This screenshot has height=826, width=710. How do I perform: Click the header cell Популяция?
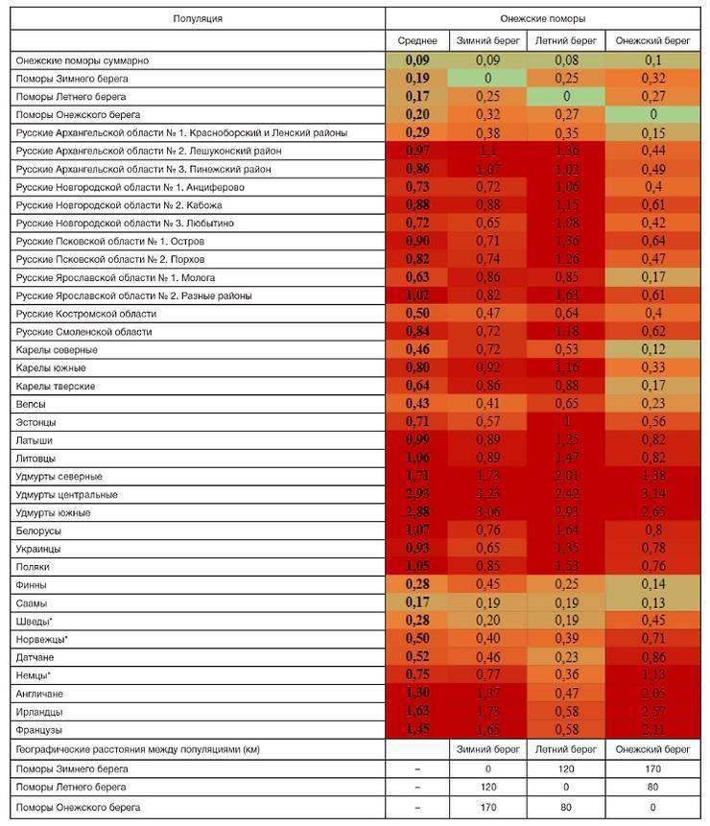[198, 18]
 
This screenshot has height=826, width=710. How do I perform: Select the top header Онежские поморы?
[543, 18]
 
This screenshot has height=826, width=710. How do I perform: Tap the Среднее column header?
[417, 41]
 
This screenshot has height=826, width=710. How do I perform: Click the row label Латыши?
[35, 439]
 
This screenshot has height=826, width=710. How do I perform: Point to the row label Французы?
[39, 730]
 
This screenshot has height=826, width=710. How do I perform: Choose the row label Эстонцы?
[36, 421]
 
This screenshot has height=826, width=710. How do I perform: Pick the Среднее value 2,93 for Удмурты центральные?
[417, 495]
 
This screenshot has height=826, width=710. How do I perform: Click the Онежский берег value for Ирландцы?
[652, 712]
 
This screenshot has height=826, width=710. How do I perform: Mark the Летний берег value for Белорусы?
[566, 531]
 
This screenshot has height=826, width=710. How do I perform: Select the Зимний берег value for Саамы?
[488, 603]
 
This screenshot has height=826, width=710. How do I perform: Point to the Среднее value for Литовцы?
[417, 458]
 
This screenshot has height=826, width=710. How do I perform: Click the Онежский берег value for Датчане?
[652, 657]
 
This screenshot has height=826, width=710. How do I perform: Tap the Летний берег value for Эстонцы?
[566, 421]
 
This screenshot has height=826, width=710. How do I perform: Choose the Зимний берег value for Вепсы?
[488, 404]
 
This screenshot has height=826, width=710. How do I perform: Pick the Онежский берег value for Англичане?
[652, 694]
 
